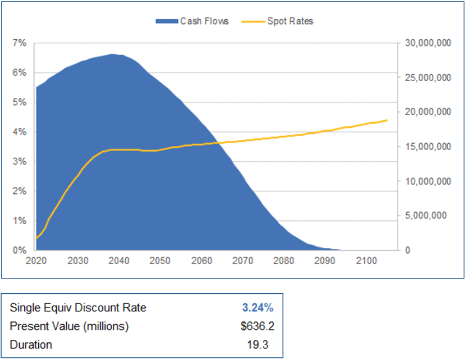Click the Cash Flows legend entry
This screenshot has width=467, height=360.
(192, 21)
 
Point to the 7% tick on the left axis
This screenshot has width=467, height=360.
(20, 43)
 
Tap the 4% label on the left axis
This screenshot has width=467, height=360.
(20, 132)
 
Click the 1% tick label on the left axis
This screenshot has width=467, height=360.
(20, 221)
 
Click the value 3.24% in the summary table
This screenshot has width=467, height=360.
(258, 308)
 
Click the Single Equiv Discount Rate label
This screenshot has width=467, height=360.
(78, 308)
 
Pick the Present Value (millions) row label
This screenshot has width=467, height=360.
(69, 326)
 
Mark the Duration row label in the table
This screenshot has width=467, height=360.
(31, 344)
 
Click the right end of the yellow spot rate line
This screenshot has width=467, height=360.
(387, 120)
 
